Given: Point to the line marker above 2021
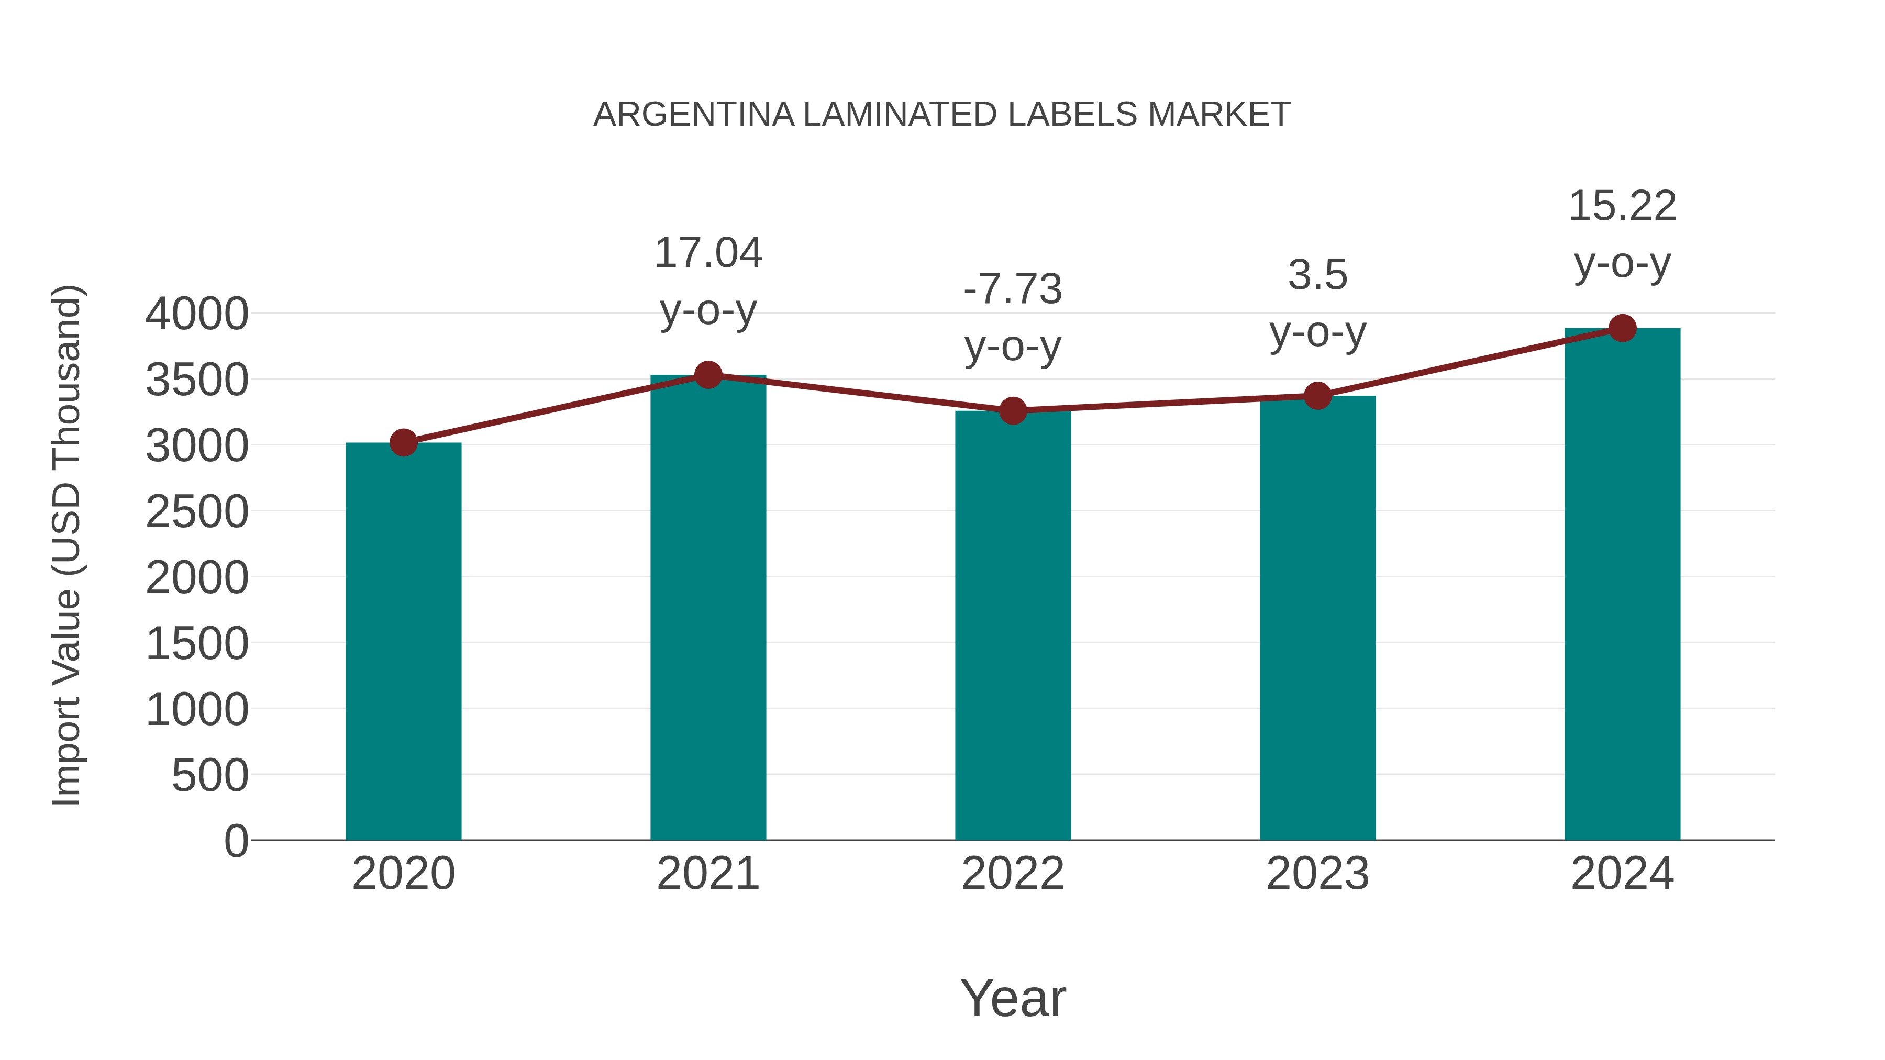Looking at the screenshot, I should coord(707,375).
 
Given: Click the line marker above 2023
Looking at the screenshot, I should coord(1317,396).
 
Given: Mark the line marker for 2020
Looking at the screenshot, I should coord(403,442).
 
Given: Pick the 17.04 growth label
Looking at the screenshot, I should coord(707,253).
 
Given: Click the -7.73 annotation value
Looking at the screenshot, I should coord(1013,289).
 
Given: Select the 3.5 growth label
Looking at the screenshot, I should coord(1317,276).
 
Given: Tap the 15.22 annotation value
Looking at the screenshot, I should coord(1622,206).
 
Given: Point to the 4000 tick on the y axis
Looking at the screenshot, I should coord(197,314).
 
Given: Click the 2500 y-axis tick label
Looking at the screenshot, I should coord(197,512).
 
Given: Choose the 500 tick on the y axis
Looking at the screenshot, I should coord(210,775).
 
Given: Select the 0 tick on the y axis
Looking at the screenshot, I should coord(236,841).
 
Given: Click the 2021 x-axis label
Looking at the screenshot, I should coord(707,874).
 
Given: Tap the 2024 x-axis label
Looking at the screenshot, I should coord(1622,874).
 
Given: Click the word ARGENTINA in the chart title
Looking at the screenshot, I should coord(693,115).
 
